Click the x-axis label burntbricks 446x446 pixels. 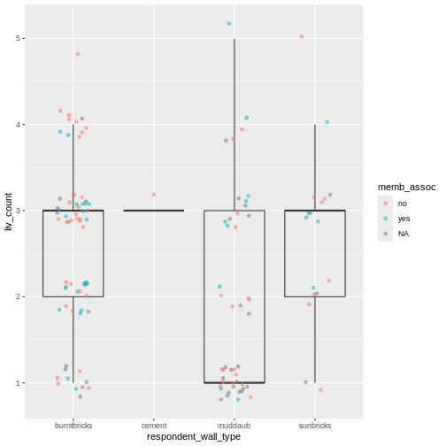73,426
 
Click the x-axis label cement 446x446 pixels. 154,426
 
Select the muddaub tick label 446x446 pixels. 235,426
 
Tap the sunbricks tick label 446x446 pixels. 315,426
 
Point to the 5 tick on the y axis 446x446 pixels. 17,38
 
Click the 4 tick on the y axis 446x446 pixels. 17,125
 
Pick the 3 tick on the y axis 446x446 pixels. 17,211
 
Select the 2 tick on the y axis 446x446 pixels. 17,296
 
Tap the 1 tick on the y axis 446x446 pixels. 17,383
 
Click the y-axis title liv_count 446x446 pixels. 8,211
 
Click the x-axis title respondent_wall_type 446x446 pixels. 194,437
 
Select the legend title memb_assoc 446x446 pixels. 405,188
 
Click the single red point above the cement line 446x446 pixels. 154,195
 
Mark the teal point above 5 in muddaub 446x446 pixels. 229,24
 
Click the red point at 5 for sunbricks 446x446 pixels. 302,36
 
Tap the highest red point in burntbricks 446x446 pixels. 78,54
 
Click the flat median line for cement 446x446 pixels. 154,211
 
